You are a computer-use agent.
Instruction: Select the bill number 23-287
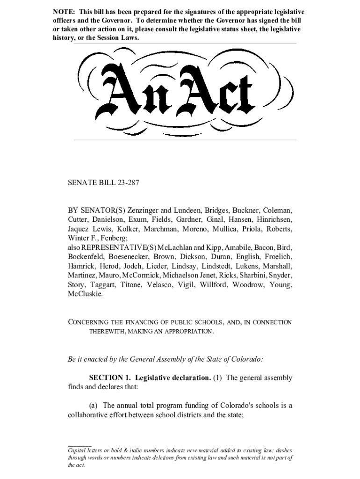(126, 182)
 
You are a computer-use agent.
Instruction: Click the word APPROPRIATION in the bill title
(187, 332)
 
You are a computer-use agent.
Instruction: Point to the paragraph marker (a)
(94, 406)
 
